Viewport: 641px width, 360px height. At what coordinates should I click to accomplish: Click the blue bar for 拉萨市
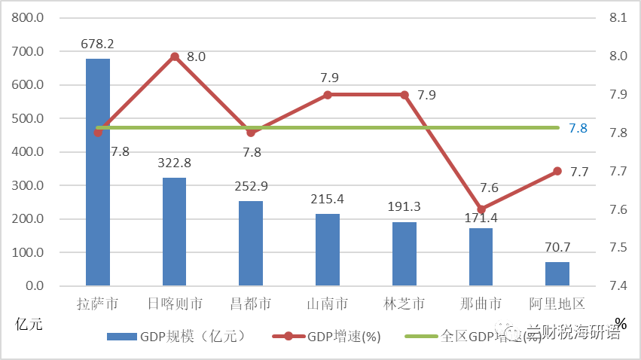coord(98,172)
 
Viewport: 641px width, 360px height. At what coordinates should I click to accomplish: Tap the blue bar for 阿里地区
coord(557,274)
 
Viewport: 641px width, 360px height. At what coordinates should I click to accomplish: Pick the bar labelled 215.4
coord(328,250)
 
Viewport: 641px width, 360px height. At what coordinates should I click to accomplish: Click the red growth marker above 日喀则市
coord(175,56)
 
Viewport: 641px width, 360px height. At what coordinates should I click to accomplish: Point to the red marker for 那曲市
coord(481,209)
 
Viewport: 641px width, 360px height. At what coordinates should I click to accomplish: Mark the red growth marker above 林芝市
coord(404,95)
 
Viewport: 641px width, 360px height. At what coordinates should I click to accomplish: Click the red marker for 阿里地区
coord(557,171)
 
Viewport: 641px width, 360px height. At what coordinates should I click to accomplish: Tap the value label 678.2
coord(98,44)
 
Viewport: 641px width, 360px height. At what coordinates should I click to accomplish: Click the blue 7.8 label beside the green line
coord(578,128)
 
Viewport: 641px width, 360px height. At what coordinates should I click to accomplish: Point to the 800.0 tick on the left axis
coord(29,18)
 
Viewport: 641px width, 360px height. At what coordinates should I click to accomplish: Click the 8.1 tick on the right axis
coord(617,18)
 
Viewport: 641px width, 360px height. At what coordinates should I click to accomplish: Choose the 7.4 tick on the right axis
coord(617,286)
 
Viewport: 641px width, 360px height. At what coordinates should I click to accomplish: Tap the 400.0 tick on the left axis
coord(29,152)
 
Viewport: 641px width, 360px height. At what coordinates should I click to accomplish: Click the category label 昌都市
coord(251,304)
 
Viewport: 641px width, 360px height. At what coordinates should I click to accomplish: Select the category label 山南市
coord(328,304)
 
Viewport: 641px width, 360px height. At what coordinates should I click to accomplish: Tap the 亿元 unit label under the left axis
coord(29,325)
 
